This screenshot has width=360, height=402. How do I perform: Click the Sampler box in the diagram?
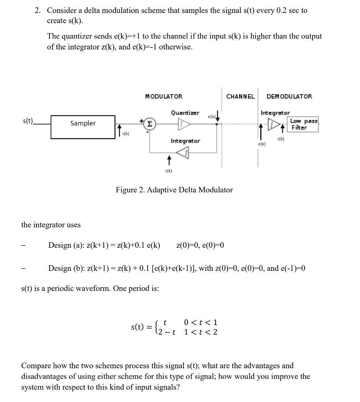point(83,126)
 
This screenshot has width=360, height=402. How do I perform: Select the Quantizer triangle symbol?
point(184,124)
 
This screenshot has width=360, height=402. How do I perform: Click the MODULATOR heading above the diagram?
point(164,97)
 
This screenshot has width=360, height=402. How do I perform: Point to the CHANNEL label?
point(240,97)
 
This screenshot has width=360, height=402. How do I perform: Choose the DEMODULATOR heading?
point(289,97)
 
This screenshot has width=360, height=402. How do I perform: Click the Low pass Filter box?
point(303,124)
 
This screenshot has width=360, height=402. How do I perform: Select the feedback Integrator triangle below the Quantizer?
point(183,153)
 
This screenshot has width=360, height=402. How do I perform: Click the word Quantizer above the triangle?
point(185,113)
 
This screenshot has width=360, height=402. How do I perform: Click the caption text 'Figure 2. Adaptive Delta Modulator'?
point(174,190)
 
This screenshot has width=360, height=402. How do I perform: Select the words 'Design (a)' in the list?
point(65,246)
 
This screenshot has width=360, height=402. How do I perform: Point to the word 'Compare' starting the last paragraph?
point(37,366)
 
